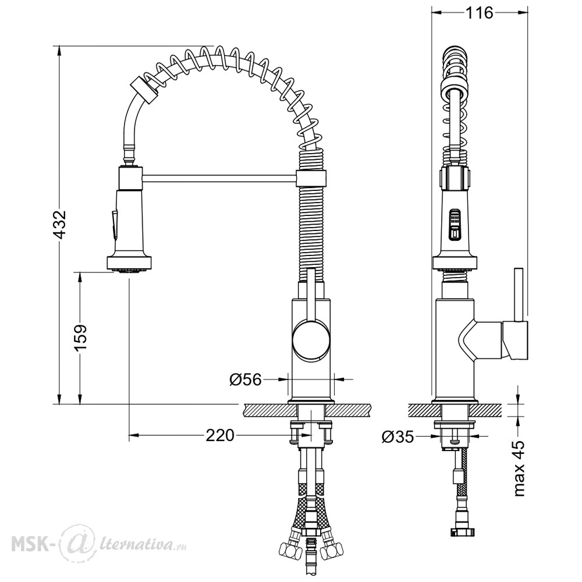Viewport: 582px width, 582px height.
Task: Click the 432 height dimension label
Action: pos(59,224)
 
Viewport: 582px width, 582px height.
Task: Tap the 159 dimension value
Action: pos(80,337)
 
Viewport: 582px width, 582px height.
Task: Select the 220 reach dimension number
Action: pos(220,435)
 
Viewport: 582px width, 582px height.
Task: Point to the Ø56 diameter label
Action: pos(246,379)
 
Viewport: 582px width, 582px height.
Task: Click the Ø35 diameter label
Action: pos(398,437)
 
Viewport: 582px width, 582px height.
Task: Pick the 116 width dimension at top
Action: pos(479,13)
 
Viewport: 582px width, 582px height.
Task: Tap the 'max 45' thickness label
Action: pos(519,469)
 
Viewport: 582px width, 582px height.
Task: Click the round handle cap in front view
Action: pos(311,340)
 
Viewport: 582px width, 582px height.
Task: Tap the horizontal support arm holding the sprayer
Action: pos(219,179)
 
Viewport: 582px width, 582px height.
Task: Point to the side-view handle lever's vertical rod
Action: pos(519,295)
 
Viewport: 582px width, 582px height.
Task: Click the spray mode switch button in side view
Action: pos(455,225)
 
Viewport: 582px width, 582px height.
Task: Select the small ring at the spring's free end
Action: pos(145,90)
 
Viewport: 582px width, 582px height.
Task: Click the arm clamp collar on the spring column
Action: pos(311,178)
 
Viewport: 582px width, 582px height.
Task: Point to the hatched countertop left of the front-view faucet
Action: pos(266,411)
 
